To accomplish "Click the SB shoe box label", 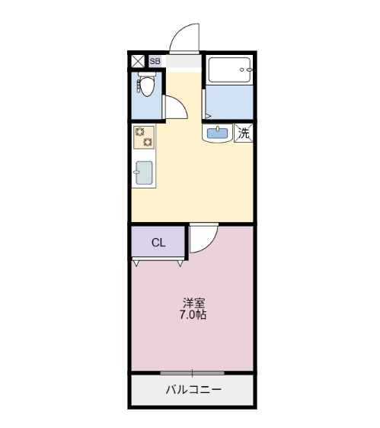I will pos(155,61).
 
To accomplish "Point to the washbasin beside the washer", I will pos(218,134).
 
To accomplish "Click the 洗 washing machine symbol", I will pos(244,133).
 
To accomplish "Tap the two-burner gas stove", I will pos(143,137).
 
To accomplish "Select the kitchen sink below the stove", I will pos(144,172).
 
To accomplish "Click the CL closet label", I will pos(158,243).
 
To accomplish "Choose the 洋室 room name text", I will pos(193,301).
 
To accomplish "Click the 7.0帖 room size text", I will pos(193,314).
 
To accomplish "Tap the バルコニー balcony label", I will pos(193,391).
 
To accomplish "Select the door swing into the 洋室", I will pos(203,240).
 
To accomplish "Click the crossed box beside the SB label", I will pos(138,61).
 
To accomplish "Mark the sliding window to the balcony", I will pos(192,372).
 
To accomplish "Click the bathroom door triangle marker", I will pos(206,116).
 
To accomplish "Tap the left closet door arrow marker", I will pos(136,263).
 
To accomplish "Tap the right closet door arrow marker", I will pos(180,263).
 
